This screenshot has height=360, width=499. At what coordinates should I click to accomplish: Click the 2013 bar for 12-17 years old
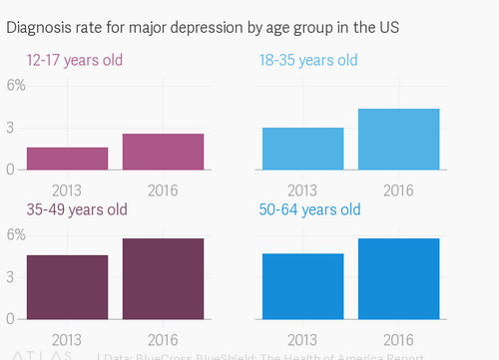[x=68, y=159]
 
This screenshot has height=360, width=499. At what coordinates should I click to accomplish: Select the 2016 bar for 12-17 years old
[x=164, y=152]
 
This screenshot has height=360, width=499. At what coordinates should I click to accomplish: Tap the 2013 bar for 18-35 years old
[x=302, y=149]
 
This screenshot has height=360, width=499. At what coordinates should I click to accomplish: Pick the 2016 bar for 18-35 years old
[x=398, y=139]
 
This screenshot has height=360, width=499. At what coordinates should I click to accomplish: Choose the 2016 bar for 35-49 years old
[x=164, y=279]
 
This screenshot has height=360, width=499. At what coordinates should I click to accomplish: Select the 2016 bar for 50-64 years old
[x=398, y=279]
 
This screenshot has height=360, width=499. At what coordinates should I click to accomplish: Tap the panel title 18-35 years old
[x=308, y=61]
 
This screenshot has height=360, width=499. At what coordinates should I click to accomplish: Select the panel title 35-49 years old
[x=77, y=210]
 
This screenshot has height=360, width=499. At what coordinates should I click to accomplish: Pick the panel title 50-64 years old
[x=310, y=210]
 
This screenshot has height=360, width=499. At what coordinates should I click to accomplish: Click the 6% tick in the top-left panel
[x=16, y=85]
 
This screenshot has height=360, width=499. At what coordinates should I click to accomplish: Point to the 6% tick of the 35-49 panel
[x=16, y=235]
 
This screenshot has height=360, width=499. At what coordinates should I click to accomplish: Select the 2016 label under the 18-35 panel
[x=398, y=189]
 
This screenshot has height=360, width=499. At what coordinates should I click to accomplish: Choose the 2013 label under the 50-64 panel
[x=302, y=339]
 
